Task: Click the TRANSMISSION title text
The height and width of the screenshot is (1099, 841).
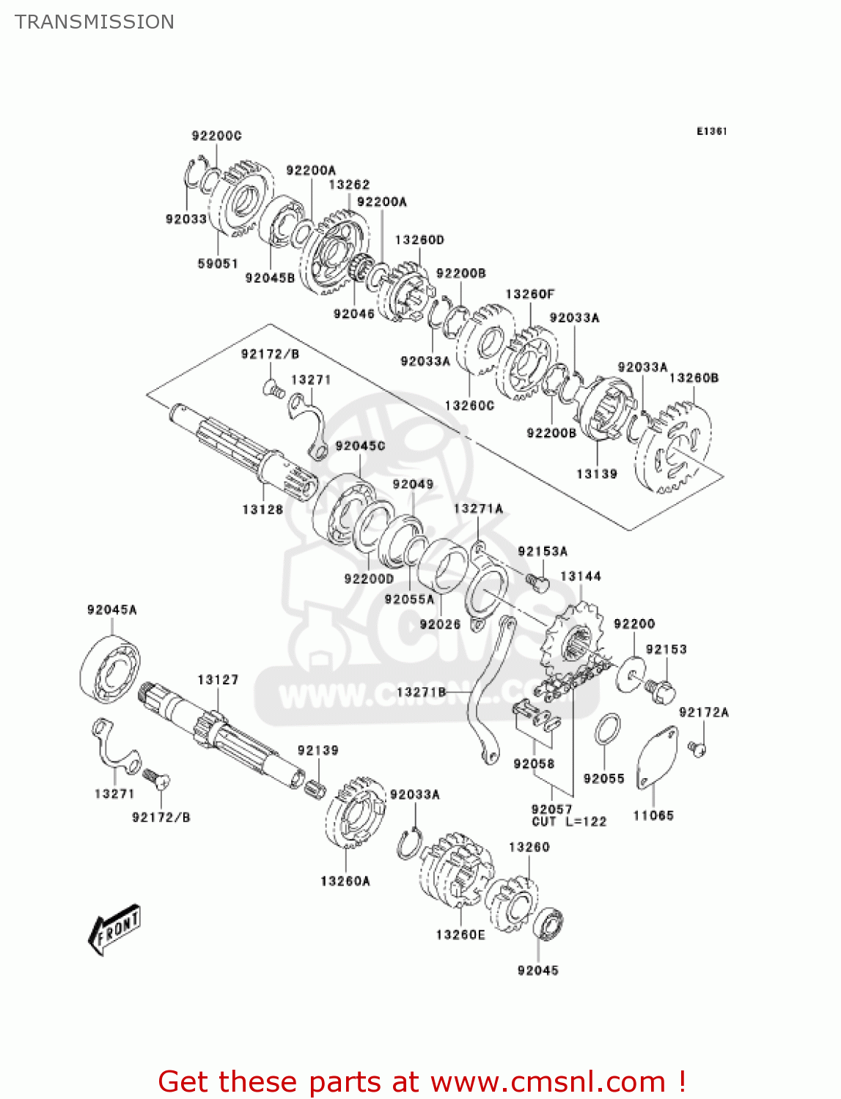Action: pos(95,22)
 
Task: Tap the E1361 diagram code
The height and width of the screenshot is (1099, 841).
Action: pos(711,131)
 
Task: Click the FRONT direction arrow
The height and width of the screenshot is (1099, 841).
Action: pos(114,930)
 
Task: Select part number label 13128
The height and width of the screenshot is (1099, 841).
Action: pos(262,509)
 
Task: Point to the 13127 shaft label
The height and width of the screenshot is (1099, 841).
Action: pos(218,680)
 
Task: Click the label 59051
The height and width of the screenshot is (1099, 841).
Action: pos(218,263)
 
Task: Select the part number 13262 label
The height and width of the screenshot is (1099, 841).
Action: pos(349,185)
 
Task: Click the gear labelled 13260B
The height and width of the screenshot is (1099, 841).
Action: pos(675,451)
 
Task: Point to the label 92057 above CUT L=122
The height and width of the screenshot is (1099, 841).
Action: pos(551,809)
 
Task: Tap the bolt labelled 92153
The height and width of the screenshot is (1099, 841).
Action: pos(662,692)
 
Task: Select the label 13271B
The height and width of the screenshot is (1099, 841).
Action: pos(421,692)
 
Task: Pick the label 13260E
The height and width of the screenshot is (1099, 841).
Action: pos(460,934)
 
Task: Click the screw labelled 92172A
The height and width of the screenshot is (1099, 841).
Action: pos(697,748)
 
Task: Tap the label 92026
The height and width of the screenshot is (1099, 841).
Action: pos(440,624)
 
